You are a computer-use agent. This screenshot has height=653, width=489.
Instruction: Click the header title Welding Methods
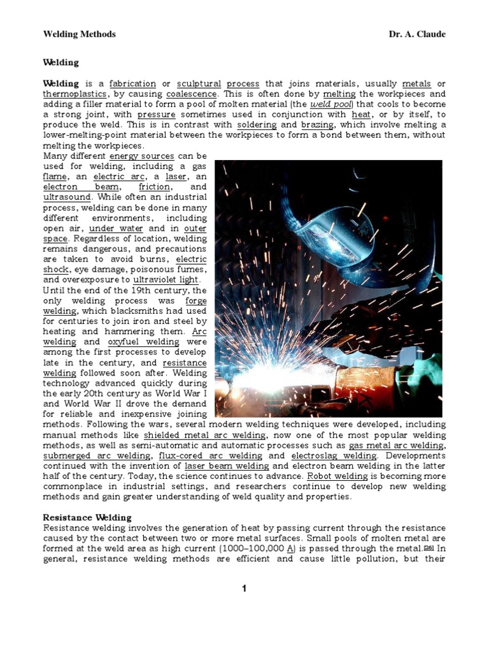click(79, 34)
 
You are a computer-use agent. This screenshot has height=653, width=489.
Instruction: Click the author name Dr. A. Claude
click(417, 34)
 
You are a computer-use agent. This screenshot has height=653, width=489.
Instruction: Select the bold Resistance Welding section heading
click(87, 518)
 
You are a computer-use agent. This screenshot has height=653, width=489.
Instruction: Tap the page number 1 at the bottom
click(244, 589)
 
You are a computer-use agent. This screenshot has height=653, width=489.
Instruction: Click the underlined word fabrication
click(132, 84)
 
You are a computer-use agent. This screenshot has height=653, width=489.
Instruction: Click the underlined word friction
click(154, 187)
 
